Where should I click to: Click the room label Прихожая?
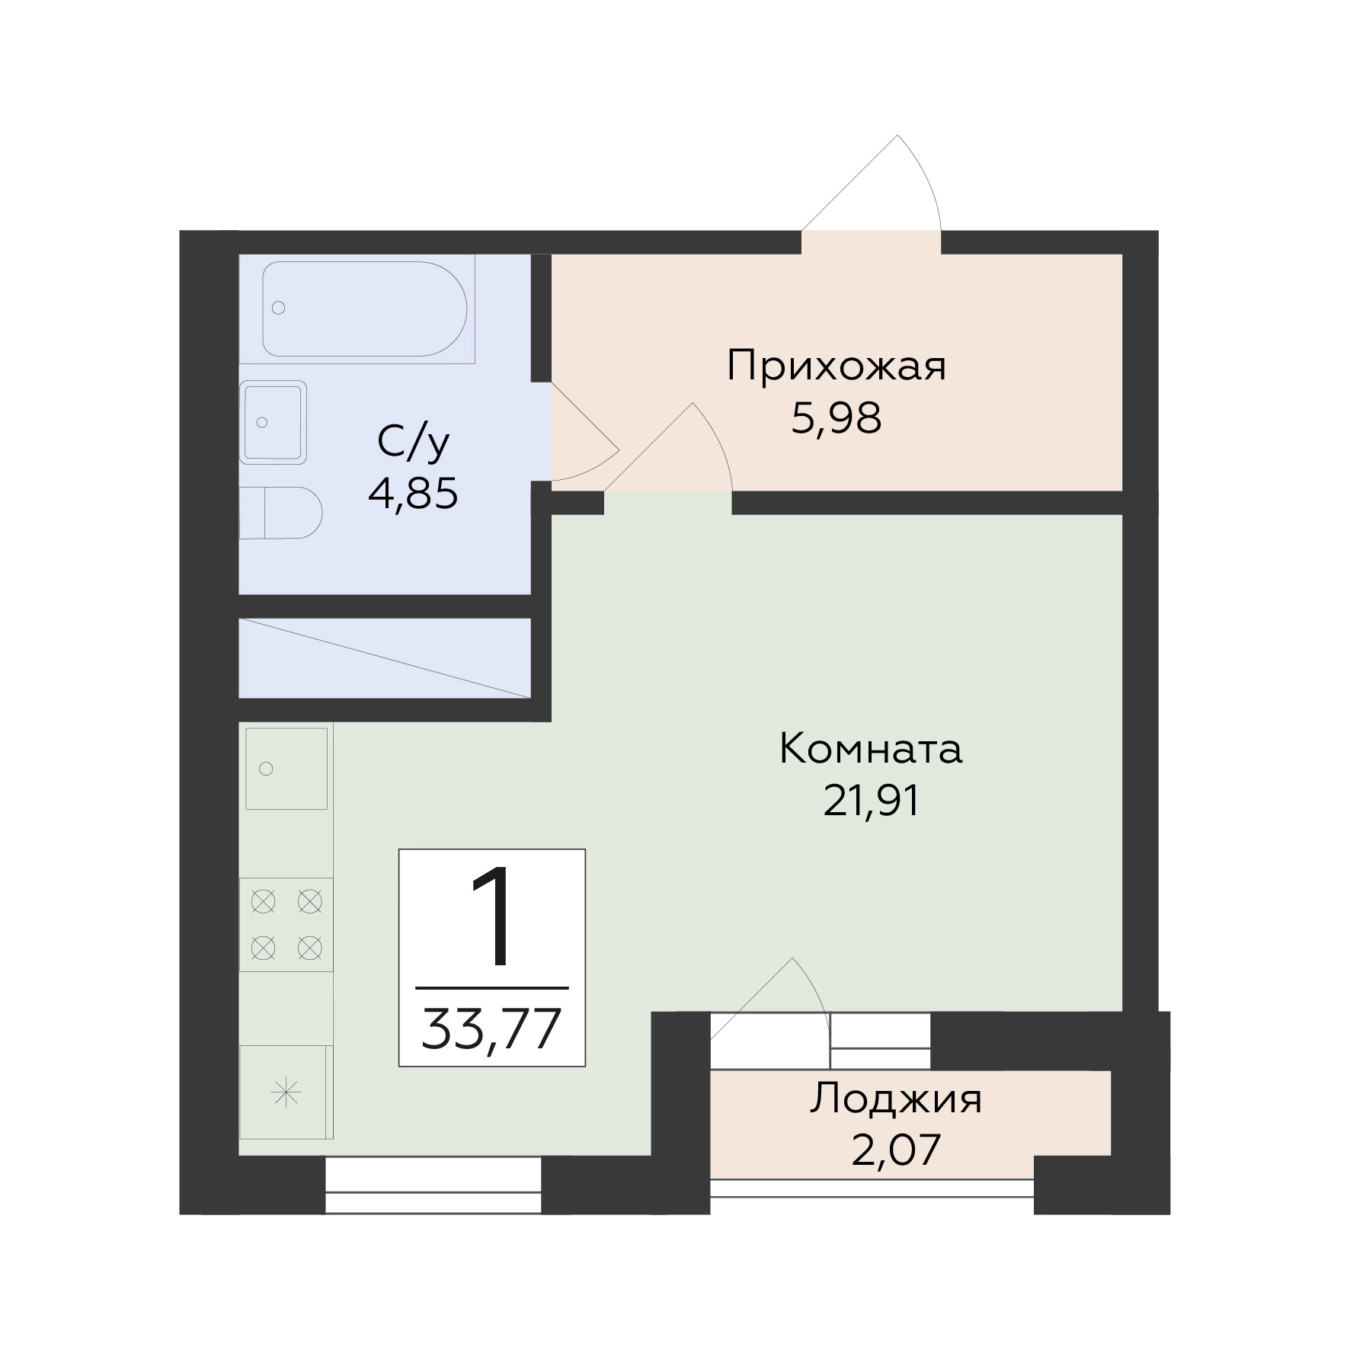point(836,366)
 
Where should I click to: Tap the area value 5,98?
point(837,418)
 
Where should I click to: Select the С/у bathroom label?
point(414,442)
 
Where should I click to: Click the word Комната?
point(871,749)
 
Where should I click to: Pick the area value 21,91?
point(872,801)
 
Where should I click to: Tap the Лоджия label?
point(896,1100)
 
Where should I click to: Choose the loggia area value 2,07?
point(896,1150)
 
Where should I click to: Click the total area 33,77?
point(491,1028)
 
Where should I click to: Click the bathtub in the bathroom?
point(365,309)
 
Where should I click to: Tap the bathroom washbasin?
point(274,422)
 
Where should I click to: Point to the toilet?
point(280,513)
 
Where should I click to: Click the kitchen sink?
point(286,768)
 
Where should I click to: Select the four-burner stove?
point(286,925)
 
